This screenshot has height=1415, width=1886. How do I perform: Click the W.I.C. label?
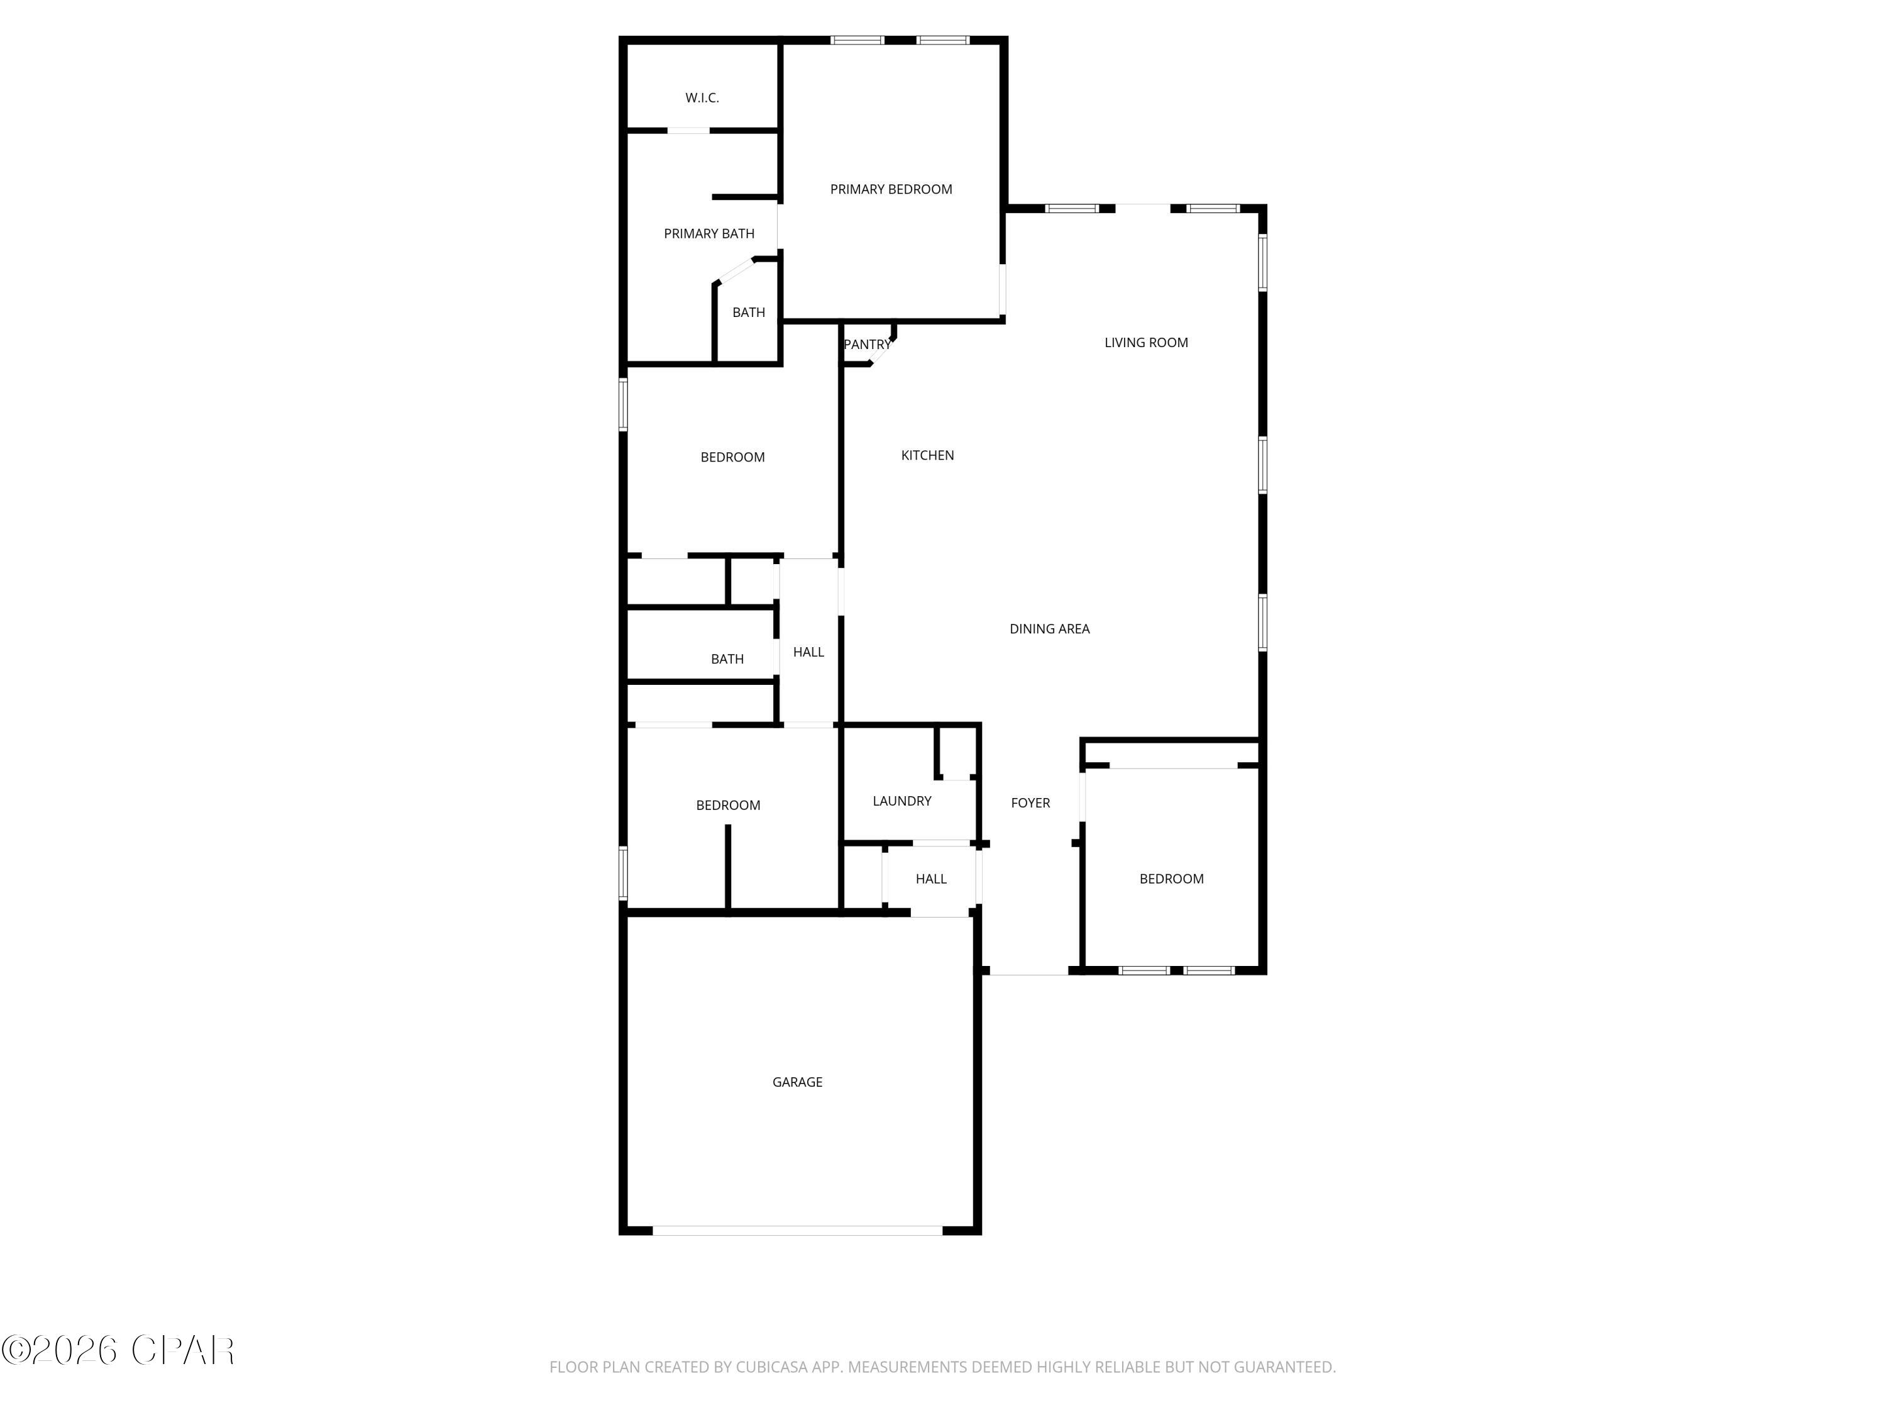pyautogui.click(x=702, y=98)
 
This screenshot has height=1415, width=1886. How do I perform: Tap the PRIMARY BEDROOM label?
pyautogui.click(x=891, y=189)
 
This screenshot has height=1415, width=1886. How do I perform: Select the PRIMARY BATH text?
pyautogui.click(x=709, y=234)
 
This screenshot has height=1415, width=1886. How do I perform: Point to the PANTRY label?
pyautogui.click(x=866, y=345)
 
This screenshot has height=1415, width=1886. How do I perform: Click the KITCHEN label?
pyautogui.click(x=927, y=455)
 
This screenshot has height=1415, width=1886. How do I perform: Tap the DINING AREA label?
pyautogui.click(x=1049, y=629)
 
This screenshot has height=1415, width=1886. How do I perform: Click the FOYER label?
pyautogui.click(x=1030, y=802)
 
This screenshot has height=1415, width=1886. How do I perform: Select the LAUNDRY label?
pyautogui.click(x=902, y=801)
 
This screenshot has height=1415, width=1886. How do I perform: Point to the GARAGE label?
pyautogui.click(x=797, y=1082)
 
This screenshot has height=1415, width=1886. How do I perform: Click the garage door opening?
pyautogui.click(x=797, y=1230)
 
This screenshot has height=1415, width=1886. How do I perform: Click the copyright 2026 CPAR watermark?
pyautogui.click(x=118, y=1350)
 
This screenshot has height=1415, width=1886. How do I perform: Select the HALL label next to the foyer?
pyautogui.click(x=930, y=879)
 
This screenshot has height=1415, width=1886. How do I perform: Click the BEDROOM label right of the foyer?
pyautogui.click(x=1171, y=879)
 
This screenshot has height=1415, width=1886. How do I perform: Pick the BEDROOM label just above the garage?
pyautogui.click(x=727, y=805)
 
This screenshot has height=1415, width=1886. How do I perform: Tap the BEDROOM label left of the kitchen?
pyautogui.click(x=732, y=457)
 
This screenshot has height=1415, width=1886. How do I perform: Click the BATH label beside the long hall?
pyautogui.click(x=727, y=659)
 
